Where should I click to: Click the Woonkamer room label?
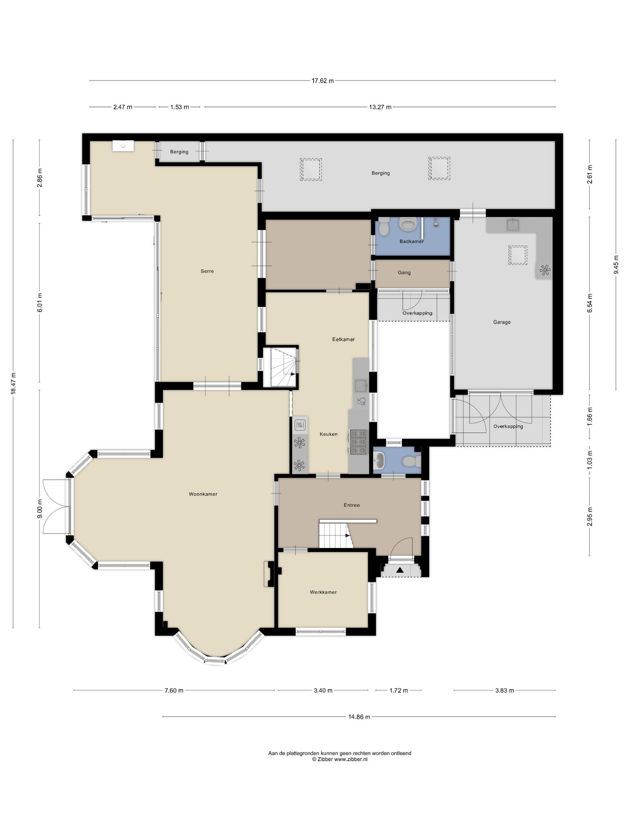pyautogui.click(x=203, y=494)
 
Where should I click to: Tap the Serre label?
pyautogui.click(x=207, y=271)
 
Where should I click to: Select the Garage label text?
pyautogui.click(x=502, y=322)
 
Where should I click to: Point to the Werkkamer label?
pyautogui.click(x=323, y=592)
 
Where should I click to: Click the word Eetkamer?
pyautogui.click(x=343, y=339)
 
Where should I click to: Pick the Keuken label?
pyautogui.click(x=328, y=434)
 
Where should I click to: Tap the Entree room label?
pyautogui.click(x=352, y=505)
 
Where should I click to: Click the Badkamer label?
pyautogui.click(x=412, y=241)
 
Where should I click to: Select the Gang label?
pyautogui.click(x=404, y=272)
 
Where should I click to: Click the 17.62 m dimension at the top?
pyautogui.click(x=323, y=81)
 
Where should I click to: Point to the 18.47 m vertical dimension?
pyautogui.click(x=13, y=383)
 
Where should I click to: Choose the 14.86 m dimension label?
pyautogui.click(x=359, y=717)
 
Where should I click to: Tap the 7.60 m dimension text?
pyautogui.click(x=174, y=690)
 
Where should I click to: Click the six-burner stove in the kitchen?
pyautogui.click(x=358, y=442)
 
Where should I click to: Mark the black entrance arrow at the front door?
pyautogui.click(x=400, y=569)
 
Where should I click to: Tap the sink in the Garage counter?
pyautogui.click(x=513, y=224)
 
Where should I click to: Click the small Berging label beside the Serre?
pyautogui.click(x=179, y=152)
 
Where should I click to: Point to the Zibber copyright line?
pyautogui.click(x=340, y=759)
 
